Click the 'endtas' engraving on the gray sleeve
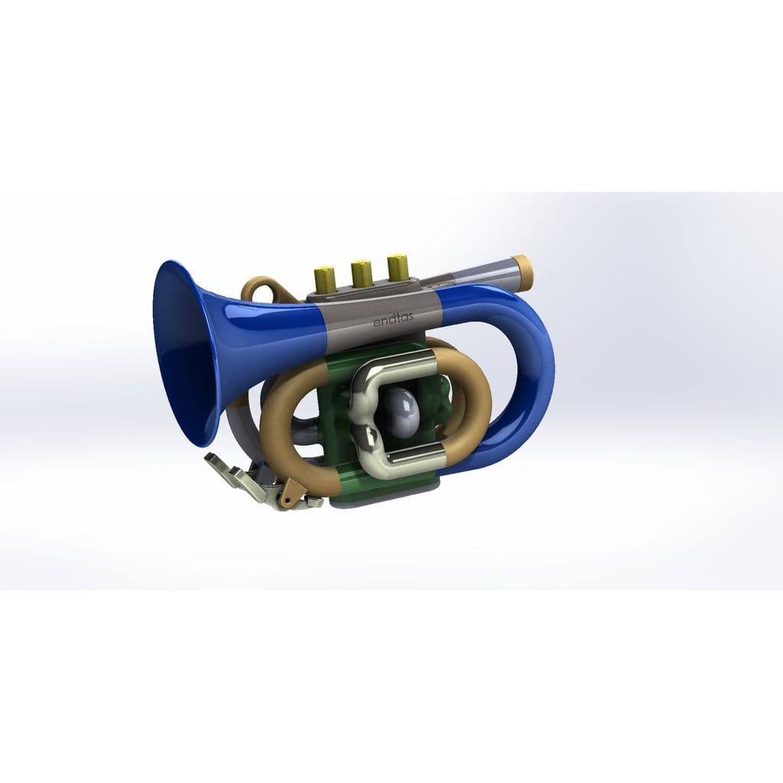[393, 321]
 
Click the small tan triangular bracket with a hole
[290, 492]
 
